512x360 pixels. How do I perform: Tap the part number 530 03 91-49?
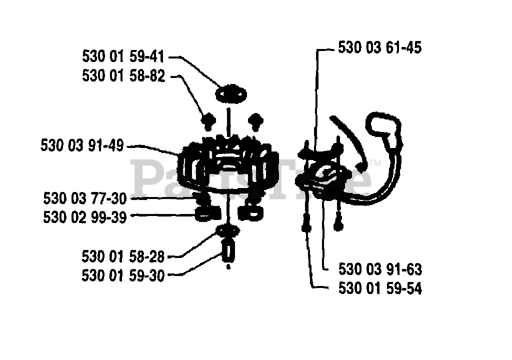click(x=82, y=146)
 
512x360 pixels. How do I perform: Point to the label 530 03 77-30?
click(x=85, y=198)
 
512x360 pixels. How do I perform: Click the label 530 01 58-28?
click(x=123, y=256)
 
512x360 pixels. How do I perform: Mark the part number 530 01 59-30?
click(x=123, y=275)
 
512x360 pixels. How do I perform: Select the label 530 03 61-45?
click(x=380, y=48)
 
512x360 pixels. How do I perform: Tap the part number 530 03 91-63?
click(x=380, y=270)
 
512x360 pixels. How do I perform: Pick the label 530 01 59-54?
click(x=380, y=288)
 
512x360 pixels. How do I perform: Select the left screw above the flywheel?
click(x=207, y=120)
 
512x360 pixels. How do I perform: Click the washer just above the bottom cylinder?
click(x=228, y=231)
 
